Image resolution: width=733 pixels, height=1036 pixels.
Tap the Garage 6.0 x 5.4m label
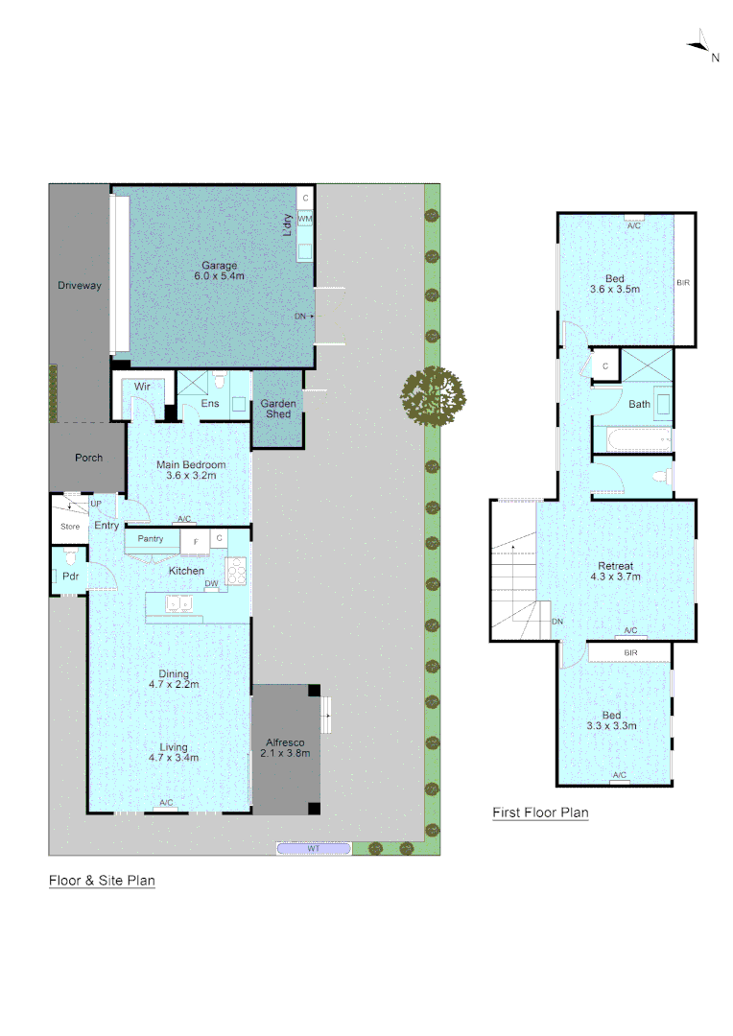tap(219, 271)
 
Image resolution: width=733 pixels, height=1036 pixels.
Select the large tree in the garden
tap(434, 395)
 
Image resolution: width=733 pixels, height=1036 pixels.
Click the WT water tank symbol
tap(314, 848)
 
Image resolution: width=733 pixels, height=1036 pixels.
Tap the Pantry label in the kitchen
tap(151, 539)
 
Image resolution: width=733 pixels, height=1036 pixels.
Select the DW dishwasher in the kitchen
tap(211, 583)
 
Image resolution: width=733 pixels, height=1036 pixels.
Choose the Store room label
tap(70, 526)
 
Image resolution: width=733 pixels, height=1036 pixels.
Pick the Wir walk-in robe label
tap(142, 387)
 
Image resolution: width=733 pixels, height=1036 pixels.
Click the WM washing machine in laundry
tap(305, 220)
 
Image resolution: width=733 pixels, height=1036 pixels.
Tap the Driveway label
tap(79, 286)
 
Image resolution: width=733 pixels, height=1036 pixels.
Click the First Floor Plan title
tap(540, 812)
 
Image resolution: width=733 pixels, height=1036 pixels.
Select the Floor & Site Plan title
tap(102, 880)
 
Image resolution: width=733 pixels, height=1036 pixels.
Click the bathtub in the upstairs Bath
tap(631, 441)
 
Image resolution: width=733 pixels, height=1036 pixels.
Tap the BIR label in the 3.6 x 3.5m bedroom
tap(683, 283)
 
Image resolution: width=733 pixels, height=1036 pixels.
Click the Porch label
tap(88, 458)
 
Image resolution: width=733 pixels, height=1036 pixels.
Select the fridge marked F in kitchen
tap(196, 541)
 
